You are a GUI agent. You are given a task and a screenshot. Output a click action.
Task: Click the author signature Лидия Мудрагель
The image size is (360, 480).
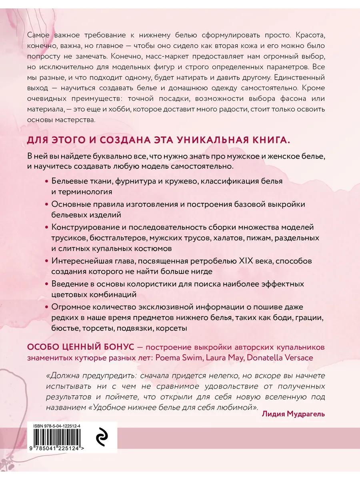pos(293,414)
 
